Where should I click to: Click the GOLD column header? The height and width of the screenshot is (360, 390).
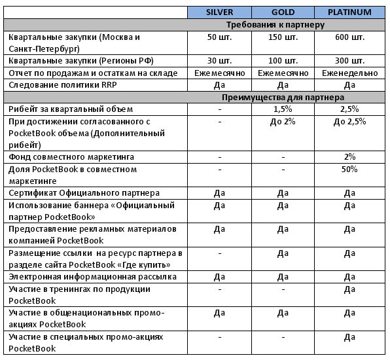coord(282,12)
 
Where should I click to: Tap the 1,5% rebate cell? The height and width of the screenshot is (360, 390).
coord(282,109)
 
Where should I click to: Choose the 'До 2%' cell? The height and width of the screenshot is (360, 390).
coord(282,121)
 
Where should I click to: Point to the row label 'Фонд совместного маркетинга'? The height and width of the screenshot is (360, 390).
coord(71,157)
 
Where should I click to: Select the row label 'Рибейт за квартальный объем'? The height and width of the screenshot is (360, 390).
coord(71,109)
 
